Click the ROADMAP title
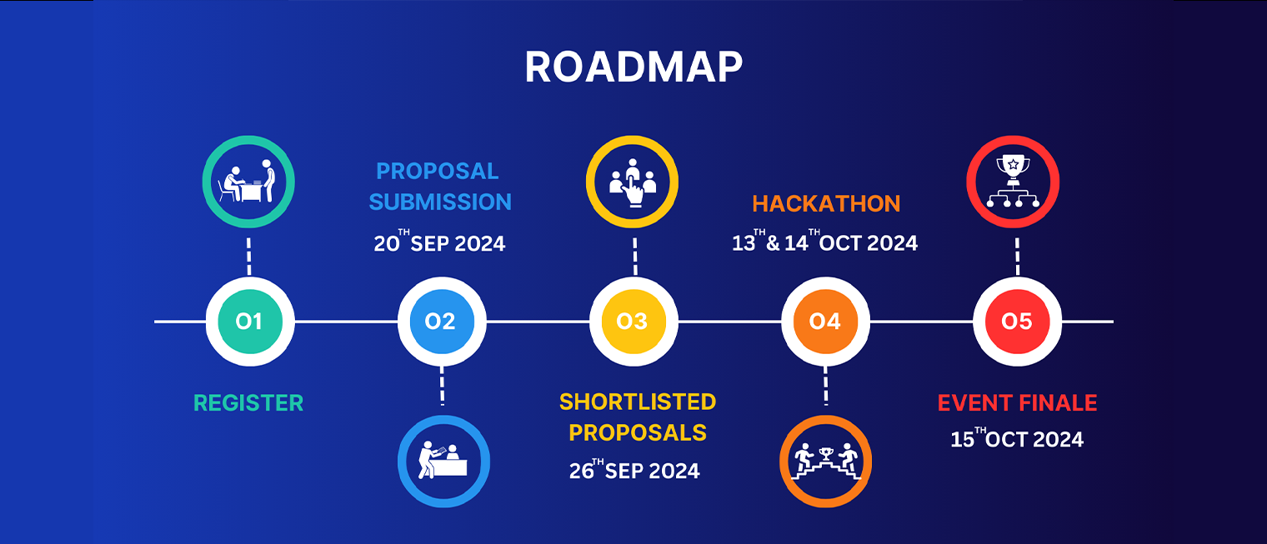633,67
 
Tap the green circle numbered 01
249,322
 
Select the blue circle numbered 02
442,322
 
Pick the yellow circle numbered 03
633,322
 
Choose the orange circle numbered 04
825,322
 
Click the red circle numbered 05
1017,322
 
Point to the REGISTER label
248,403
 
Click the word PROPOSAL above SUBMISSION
438,172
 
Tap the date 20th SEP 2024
439,242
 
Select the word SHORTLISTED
638,402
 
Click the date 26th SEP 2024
634,469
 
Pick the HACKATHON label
826,203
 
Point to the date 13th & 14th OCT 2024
824,242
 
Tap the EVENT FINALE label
1017,403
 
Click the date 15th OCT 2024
1017,438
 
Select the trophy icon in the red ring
1013,182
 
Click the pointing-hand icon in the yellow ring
633,182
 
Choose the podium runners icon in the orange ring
826,462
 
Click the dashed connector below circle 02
442,386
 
